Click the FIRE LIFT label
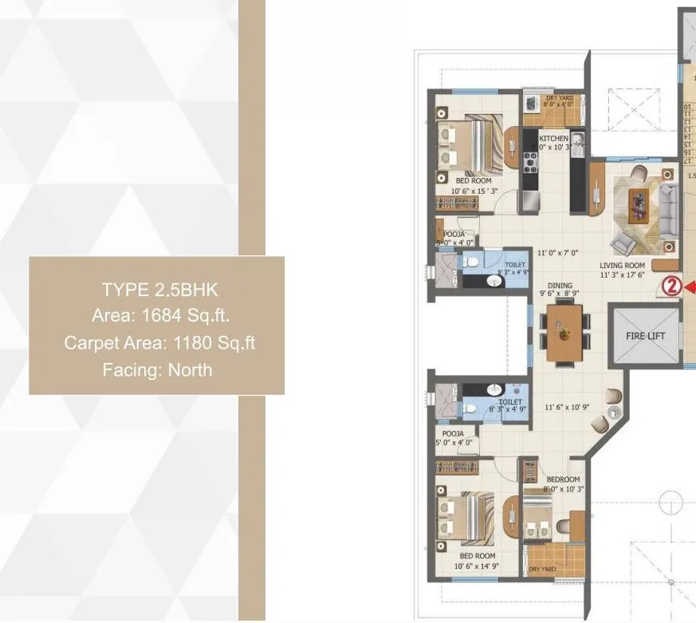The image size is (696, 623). point(643,337)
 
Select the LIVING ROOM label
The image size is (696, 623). point(623,266)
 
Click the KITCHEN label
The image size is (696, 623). point(553,139)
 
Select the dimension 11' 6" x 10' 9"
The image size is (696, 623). point(566,407)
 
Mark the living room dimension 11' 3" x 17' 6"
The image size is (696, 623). point(622,276)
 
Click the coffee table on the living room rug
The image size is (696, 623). point(638,205)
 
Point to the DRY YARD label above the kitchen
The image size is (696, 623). point(559,97)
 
